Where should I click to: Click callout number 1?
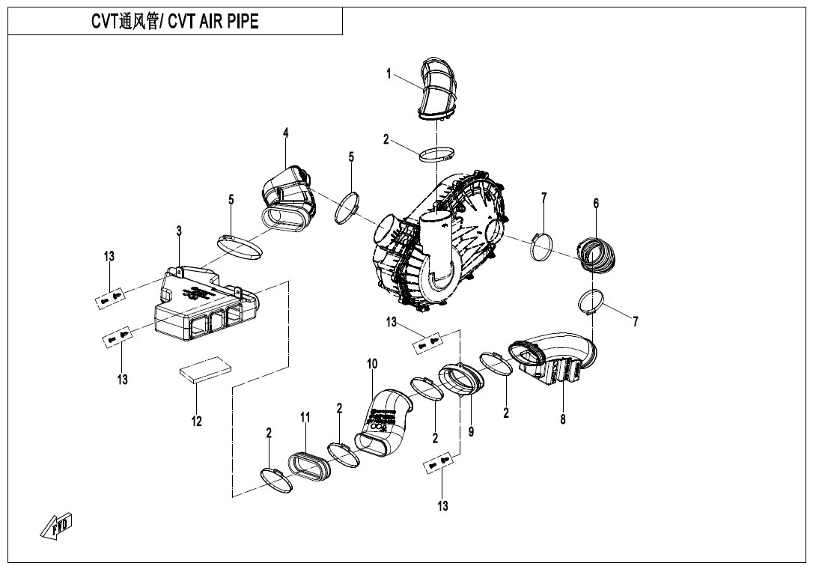389,73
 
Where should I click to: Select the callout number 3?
179,231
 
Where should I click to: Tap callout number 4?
286,133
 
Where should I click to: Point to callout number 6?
596,203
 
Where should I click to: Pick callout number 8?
563,419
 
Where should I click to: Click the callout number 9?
471,431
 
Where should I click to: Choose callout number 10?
372,364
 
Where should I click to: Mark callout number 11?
305,417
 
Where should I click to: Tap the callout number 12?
196,422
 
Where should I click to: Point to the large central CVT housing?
442,240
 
